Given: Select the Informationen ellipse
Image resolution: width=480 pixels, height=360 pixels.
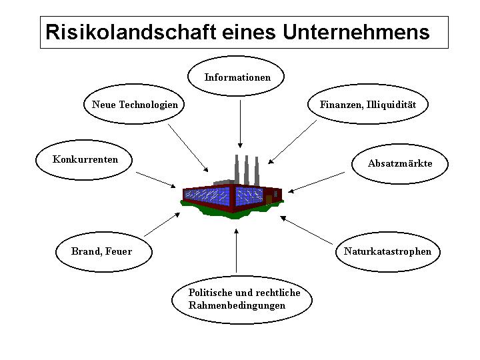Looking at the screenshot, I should tap(237, 77).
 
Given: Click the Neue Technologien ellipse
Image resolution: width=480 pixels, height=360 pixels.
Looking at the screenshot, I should tap(135, 105).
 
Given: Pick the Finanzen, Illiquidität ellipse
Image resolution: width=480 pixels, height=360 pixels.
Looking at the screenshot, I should tap(367, 105).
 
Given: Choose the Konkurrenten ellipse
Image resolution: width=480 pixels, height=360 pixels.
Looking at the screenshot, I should tap(85, 159).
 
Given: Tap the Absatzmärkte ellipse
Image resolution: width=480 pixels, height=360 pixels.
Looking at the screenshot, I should tap(399, 163).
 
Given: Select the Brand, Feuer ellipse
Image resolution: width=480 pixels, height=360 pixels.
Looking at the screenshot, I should tap(102, 251).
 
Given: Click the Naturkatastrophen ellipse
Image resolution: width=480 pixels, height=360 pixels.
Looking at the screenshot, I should tap(387, 251).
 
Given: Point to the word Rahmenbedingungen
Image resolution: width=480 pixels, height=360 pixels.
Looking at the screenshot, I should tap(237, 305).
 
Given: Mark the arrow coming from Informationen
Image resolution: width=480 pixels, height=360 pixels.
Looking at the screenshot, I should tap(239, 123).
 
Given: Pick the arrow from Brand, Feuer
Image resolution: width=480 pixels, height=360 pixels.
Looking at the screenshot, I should tap(162, 225).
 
